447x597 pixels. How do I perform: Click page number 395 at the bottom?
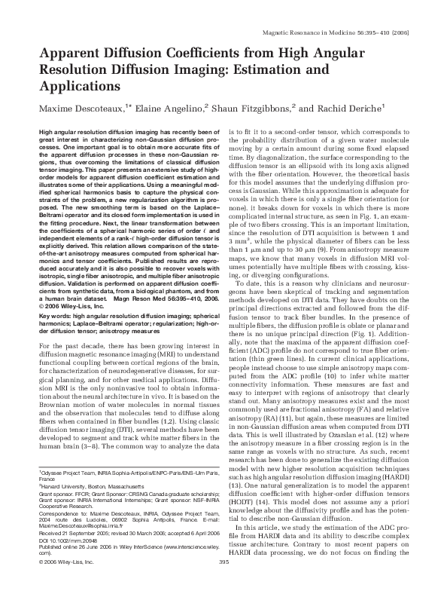[223, 583]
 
